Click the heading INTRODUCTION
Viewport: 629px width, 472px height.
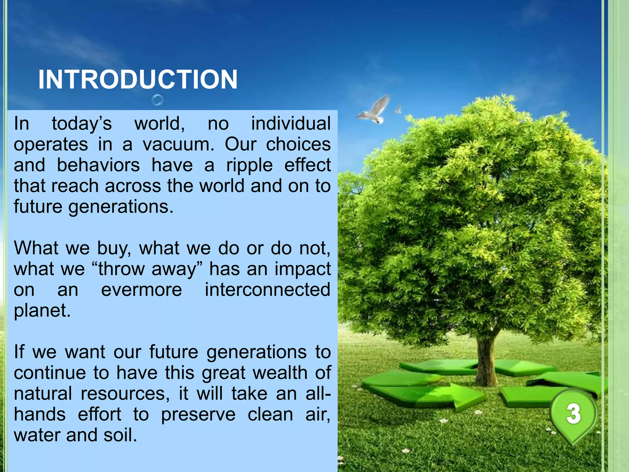pos(138,79)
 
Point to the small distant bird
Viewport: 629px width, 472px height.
pos(398,109)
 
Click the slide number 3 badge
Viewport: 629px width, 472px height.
pos(573,414)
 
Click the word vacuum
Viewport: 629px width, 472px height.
pos(178,144)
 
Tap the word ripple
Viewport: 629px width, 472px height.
pos(249,165)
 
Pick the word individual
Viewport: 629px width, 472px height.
pos(291,124)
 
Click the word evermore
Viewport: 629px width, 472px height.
pos(142,290)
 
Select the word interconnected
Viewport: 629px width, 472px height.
pos(268,290)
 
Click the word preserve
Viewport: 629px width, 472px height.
pos(198,415)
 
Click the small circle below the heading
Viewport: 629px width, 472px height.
pos(158,100)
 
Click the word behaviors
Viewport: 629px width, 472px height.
pos(98,165)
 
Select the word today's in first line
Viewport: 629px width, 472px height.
pos(82,124)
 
